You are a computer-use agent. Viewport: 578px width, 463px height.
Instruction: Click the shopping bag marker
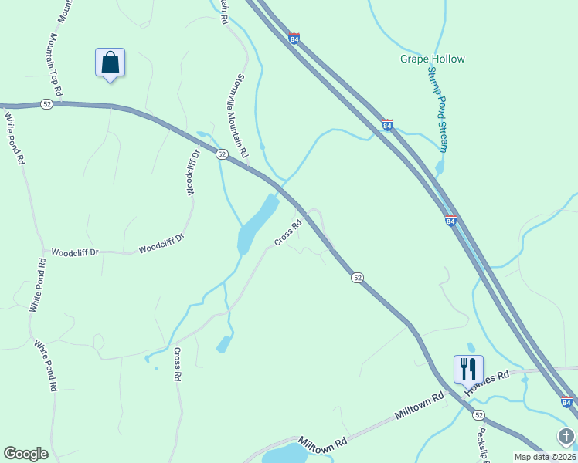tap(110, 63)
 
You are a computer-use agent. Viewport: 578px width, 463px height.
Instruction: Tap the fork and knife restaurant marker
tap(468, 370)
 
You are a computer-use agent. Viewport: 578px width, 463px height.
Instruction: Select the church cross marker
tap(566, 437)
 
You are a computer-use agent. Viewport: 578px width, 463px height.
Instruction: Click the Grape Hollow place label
tap(432, 59)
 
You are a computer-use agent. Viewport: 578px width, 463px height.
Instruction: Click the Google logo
tap(25, 454)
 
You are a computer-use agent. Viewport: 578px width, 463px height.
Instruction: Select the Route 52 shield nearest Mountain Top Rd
tap(47, 104)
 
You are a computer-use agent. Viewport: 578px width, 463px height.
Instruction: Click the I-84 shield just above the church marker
tap(566, 403)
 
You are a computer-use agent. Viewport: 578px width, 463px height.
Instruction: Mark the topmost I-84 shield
tap(294, 37)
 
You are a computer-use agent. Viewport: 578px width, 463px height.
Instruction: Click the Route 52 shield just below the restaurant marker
tap(478, 415)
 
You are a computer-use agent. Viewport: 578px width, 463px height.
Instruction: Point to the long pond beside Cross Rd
tap(255, 225)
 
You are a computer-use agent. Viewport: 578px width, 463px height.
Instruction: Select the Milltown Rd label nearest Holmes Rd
tap(420, 404)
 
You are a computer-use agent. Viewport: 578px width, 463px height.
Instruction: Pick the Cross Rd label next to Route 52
tap(287, 235)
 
